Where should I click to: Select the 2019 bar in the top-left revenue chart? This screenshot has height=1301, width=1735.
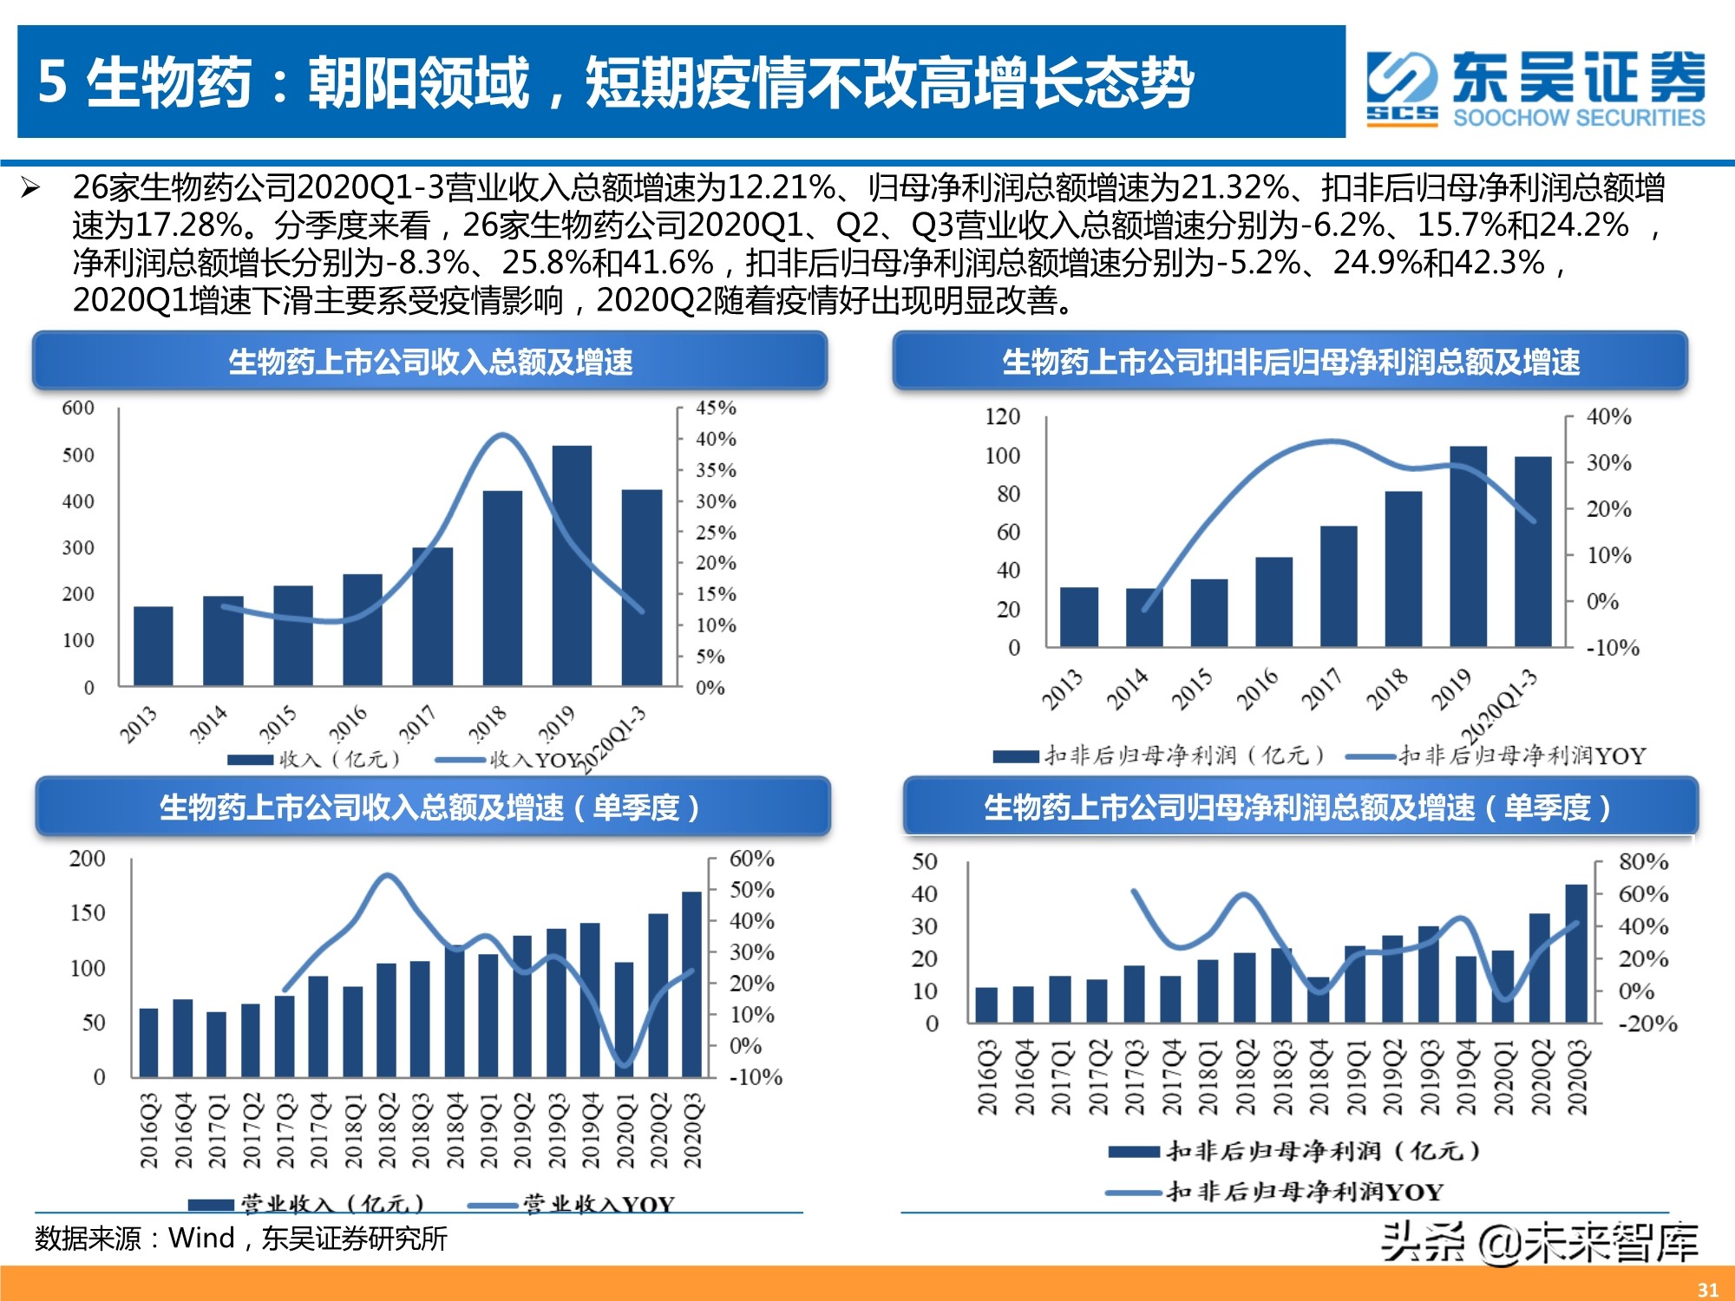pos(572,566)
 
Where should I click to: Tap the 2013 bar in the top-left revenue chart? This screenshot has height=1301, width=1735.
pos(154,646)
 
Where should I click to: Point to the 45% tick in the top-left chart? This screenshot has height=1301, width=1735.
pos(716,408)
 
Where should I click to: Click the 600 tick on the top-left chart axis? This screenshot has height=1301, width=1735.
pos(78,408)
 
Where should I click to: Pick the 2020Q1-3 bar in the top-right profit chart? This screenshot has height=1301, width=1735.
pos(1533,551)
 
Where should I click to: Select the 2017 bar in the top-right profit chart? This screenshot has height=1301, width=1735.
pos(1339,585)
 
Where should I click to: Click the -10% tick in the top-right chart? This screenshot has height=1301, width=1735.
pos(1613,648)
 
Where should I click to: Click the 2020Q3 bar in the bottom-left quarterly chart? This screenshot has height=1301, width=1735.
pos(691,984)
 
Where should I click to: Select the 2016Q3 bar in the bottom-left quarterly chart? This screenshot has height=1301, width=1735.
pos(149,1043)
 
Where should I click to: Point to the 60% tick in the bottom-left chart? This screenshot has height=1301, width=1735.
pos(751,859)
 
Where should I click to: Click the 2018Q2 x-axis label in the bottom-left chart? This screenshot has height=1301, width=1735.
pos(387,1130)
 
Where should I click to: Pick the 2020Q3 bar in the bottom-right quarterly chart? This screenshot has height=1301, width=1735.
pos(1576,953)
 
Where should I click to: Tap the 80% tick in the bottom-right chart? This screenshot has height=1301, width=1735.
pos(1643,862)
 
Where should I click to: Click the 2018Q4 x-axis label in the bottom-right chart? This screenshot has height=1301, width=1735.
pos(1319,1077)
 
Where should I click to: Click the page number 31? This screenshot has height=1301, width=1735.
pos(1707,1290)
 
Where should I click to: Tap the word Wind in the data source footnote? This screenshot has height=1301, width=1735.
pos(201,1238)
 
